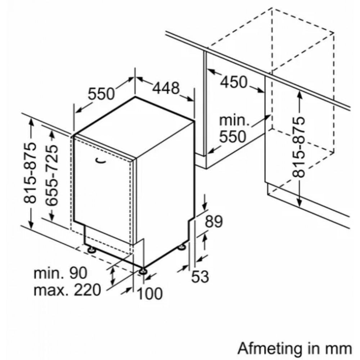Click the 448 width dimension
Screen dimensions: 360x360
[166, 88]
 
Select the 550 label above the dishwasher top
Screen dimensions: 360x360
[101, 94]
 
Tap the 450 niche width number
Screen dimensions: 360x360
[234, 82]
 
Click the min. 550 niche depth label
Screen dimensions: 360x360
[234, 129]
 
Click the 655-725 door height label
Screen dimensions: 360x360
[51, 175]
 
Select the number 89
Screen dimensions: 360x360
[214, 221]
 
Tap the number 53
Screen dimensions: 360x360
[200, 276]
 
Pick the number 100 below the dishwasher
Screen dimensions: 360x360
[150, 293]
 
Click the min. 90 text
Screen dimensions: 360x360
[60, 273]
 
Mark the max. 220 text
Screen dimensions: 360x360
[67, 290]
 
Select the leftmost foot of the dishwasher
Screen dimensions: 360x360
[92, 249]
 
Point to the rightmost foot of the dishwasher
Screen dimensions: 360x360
[182, 247]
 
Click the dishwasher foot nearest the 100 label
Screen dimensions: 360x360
[143, 271]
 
